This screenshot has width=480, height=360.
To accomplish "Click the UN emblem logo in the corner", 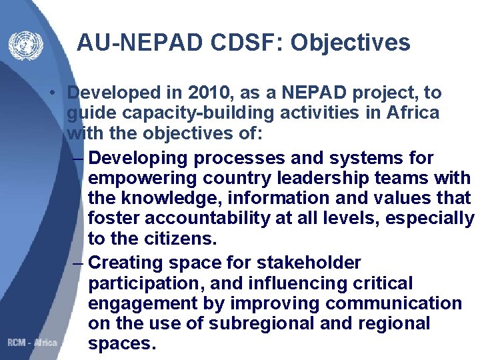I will [25, 45].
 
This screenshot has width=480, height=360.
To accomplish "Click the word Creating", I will [127, 263].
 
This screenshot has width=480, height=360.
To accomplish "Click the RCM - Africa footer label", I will [32, 342].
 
